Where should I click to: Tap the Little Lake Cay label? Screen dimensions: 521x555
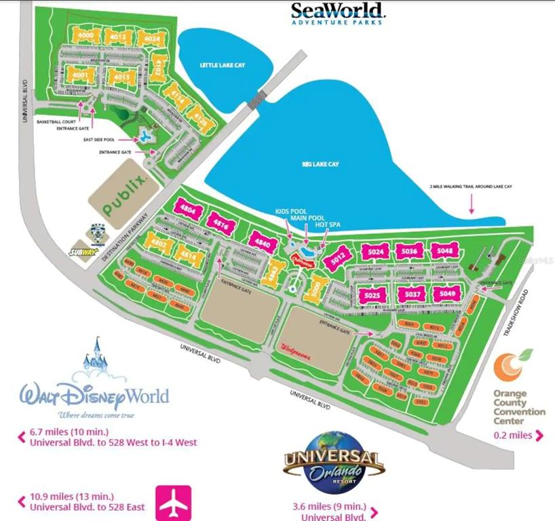point(217,64)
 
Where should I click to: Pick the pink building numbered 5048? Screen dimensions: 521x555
point(446,251)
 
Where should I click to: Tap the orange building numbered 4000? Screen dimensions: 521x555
point(86,35)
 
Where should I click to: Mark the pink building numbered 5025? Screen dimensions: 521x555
point(371,295)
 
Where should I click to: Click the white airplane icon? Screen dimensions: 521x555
point(174,503)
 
